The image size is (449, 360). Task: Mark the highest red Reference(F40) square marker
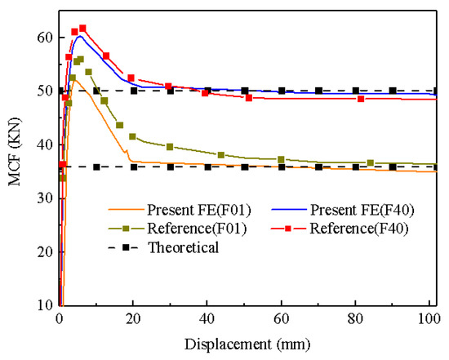(x=82, y=29)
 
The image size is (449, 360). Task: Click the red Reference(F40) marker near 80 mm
(x=361, y=99)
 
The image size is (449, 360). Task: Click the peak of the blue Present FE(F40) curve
(x=79, y=36)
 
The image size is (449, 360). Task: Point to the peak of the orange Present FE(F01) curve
(x=77, y=78)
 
